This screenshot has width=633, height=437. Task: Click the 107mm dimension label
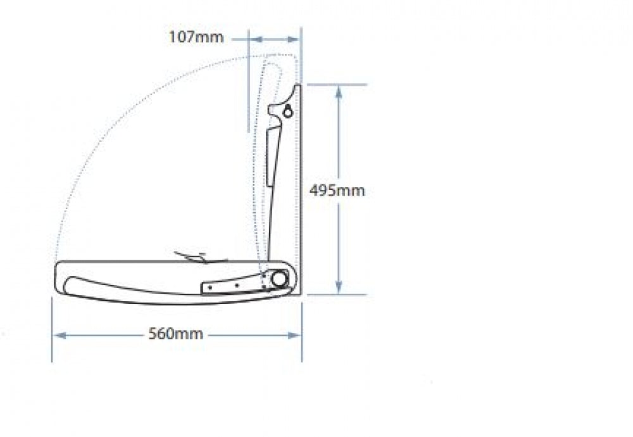(196, 37)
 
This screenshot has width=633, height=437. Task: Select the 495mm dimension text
(337, 190)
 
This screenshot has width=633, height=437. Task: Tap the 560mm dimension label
(176, 334)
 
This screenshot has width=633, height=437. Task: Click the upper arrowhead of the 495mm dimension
(339, 92)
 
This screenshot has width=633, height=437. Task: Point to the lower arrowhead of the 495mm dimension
(339, 286)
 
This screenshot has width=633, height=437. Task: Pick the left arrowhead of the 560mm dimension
(60, 335)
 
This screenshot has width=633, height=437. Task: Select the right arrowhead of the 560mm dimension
(294, 335)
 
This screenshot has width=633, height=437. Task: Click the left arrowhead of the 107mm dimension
(256, 39)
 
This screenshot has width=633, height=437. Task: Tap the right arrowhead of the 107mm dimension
(294, 39)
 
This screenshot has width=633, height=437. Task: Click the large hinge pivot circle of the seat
(279, 279)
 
